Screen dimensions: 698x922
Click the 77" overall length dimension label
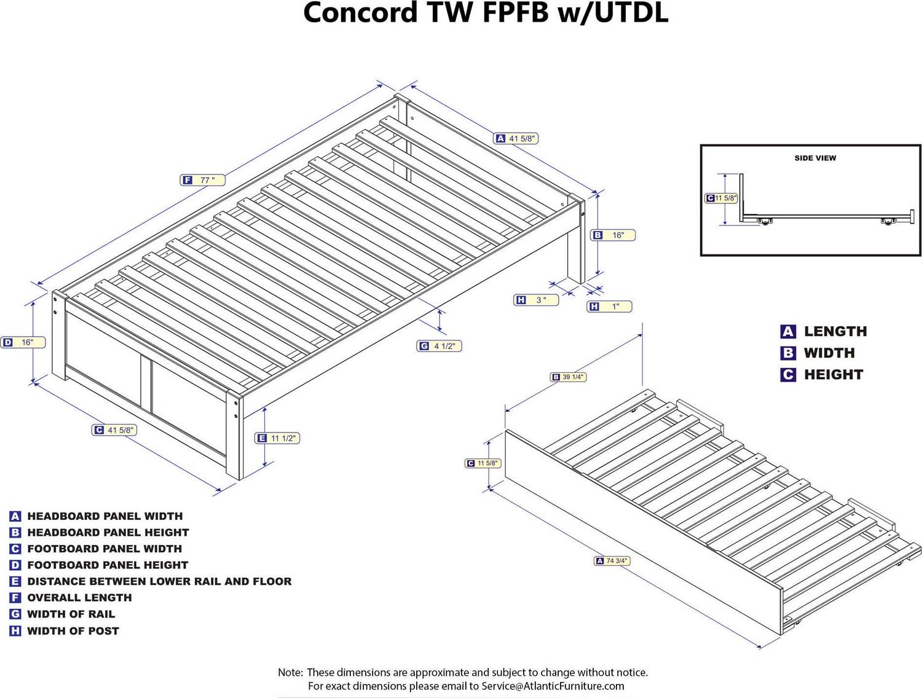(x=203, y=180)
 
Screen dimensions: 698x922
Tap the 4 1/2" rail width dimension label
(x=439, y=346)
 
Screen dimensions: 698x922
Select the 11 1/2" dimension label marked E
(x=278, y=438)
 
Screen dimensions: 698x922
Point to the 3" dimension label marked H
(x=536, y=300)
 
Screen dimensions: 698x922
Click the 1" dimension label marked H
(x=610, y=306)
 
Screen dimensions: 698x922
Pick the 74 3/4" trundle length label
(x=613, y=561)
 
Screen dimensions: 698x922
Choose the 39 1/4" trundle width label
(x=568, y=377)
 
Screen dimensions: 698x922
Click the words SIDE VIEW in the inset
(x=815, y=158)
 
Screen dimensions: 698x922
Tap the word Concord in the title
(x=360, y=13)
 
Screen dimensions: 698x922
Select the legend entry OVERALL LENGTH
(x=79, y=597)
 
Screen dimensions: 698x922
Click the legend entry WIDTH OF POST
(x=73, y=630)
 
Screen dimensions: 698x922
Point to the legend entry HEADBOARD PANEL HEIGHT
(x=108, y=532)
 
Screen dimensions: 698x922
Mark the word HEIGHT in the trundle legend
(x=833, y=374)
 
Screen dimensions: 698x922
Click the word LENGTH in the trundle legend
(x=835, y=331)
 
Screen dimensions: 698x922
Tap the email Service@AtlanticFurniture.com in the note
(x=553, y=686)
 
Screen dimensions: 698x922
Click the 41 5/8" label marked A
(x=517, y=139)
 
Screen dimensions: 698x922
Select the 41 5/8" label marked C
(x=114, y=430)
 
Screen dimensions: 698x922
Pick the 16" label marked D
(x=23, y=342)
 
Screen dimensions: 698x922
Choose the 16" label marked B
(x=613, y=235)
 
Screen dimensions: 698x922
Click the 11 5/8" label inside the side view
(x=722, y=198)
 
